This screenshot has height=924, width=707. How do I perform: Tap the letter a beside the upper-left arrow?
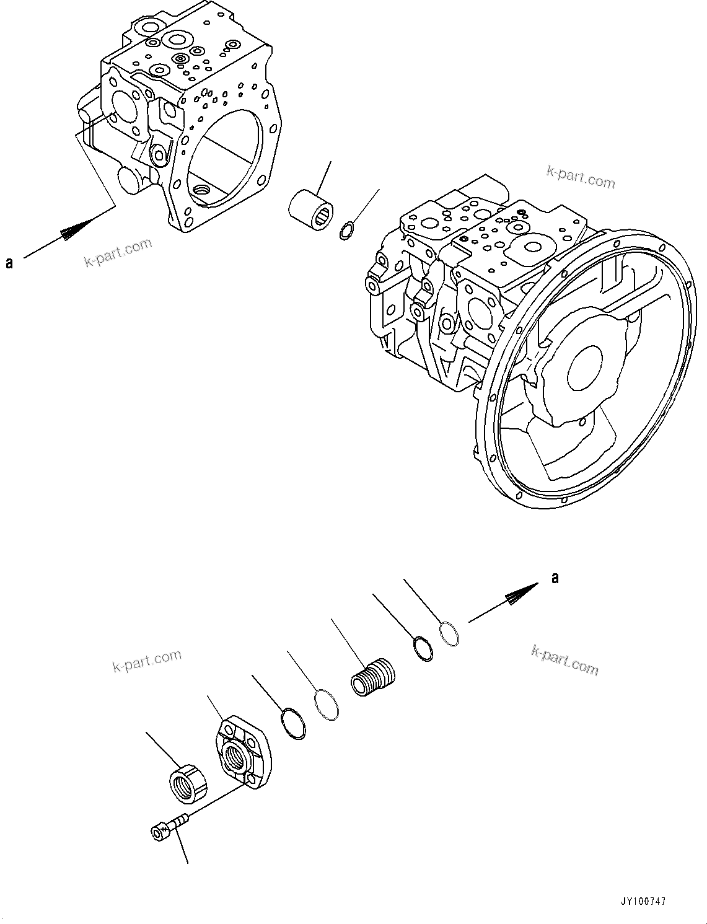[9, 263]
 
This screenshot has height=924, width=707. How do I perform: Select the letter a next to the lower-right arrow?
[555, 578]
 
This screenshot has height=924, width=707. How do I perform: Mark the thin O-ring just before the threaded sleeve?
[326, 705]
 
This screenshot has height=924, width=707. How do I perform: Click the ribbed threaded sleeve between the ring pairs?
[372, 677]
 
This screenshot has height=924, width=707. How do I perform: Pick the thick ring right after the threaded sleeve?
[423, 648]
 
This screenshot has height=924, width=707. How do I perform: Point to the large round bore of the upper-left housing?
[227, 157]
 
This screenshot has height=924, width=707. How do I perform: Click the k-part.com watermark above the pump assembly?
[581, 178]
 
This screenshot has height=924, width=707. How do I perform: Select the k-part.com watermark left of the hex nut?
[147, 661]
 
